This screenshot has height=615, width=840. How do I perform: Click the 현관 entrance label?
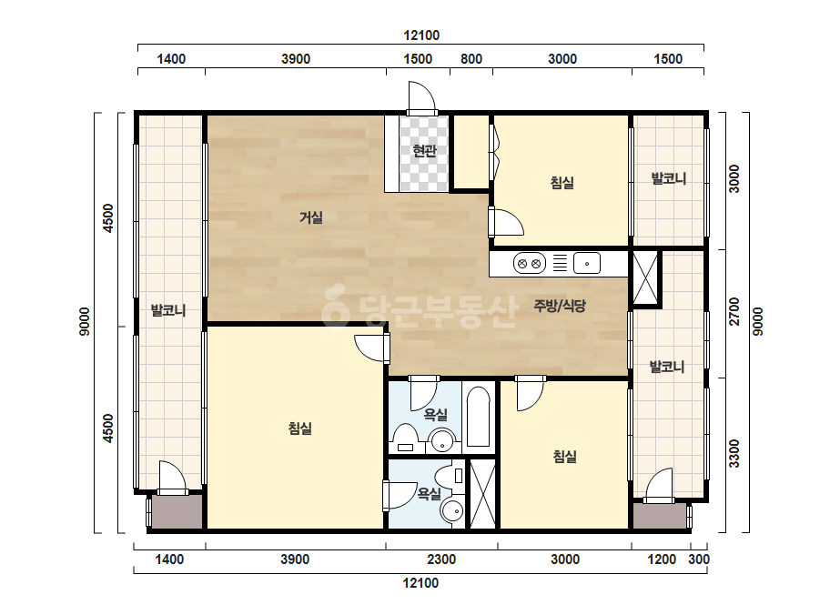point(424,151)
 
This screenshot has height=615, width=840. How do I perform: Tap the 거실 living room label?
point(310,217)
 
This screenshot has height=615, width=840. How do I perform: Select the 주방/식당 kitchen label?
point(560,306)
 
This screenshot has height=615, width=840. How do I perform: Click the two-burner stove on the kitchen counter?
point(530,264)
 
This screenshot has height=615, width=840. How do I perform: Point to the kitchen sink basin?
point(587,264)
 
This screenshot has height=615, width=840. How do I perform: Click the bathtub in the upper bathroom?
point(478,417)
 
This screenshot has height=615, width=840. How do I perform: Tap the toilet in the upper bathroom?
point(405,439)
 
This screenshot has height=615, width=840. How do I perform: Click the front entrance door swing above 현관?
point(421,97)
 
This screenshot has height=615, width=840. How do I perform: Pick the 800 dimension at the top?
point(471,59)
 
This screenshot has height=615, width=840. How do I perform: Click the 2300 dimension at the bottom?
point(441,560)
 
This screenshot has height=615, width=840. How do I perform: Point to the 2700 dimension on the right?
point(734,311)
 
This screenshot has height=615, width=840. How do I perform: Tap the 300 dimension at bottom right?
point(699,560)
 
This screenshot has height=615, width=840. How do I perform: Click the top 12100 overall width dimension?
point(421,35)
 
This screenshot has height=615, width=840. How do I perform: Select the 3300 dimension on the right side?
point(734,454)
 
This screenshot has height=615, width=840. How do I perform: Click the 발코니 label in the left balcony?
point(168,310)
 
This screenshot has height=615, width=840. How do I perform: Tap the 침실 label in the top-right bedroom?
point(562,183)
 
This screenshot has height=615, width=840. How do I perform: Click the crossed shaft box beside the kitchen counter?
point(645,278)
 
